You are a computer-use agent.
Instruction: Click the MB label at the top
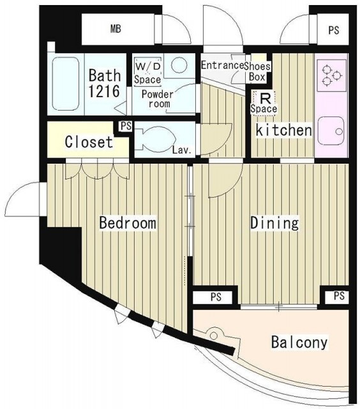(116, 29)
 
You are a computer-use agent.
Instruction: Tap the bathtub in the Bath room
(66, 84)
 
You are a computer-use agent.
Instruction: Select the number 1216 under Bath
(104, 91)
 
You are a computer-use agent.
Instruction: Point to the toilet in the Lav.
(153, 139)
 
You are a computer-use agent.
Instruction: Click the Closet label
(89, 142)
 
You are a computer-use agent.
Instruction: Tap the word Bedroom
(128, 223)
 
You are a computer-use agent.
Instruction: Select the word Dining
(274, 223)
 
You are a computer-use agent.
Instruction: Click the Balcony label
(299, 342)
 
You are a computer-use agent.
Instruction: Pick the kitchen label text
(284, 130)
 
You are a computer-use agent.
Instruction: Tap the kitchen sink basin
(331, 130)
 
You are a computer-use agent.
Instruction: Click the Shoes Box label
(257, 72)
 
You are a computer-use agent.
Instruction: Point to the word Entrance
(223, 65)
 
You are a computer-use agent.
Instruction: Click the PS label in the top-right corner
(333, 30)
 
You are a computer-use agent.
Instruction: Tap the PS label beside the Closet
(126, 127)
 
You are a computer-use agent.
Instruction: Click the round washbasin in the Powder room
(179, 65)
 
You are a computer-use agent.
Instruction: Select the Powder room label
(157, 99)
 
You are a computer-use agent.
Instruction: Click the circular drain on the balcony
(214, 335)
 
